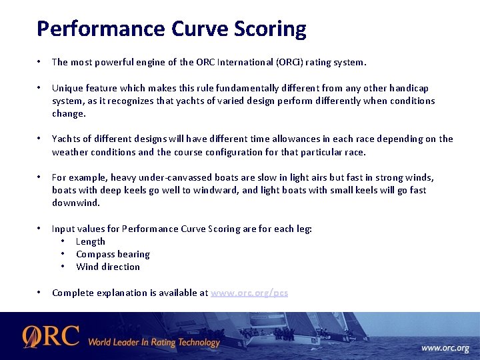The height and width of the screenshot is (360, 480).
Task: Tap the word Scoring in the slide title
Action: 270,29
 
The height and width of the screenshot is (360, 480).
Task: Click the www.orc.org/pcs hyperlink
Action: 249,293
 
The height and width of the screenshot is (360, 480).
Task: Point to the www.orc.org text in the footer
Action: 445,348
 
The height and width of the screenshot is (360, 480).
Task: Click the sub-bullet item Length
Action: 91,241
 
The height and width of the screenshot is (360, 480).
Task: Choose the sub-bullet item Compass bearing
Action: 113,254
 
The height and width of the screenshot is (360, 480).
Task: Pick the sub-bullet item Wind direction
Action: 108,267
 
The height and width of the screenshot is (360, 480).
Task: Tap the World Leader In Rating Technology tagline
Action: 153,343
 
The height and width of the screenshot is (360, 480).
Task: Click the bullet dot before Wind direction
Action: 62,267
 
